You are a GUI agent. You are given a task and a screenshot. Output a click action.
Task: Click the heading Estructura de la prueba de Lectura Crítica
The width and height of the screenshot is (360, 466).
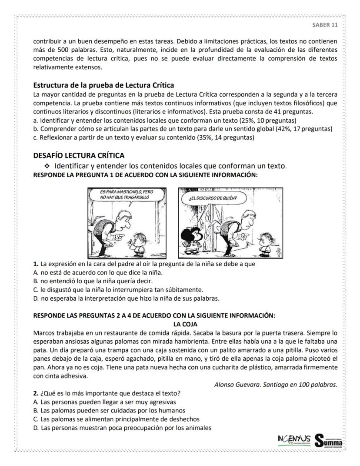[103, 85]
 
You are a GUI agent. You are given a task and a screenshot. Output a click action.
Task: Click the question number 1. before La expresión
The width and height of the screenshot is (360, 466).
[36, 264]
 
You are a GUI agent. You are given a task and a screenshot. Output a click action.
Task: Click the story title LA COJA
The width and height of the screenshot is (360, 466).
[186, 324]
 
